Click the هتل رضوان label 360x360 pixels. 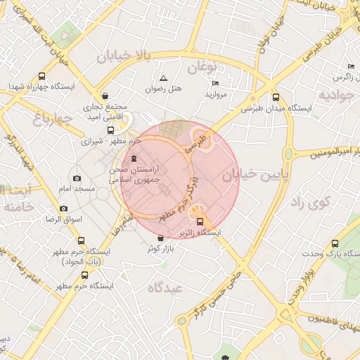[163, 89]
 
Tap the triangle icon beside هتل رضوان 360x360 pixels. [163, 78]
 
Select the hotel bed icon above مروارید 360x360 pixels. [215, 83]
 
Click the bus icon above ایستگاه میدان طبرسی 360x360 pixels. [275, 98]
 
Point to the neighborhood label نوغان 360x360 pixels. [204, 67]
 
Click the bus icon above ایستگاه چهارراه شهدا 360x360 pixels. [41, 76]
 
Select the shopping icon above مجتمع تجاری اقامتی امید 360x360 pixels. [105, 96]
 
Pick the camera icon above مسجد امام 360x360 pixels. [77, 179]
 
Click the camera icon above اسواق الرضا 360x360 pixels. [63, 209]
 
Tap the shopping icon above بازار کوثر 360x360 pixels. [162, 238]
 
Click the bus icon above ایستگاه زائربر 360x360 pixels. [200, 221]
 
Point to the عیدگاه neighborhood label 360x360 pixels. [166, 288]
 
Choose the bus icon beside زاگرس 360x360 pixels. [327, 75]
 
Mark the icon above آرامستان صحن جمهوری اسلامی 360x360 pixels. [134, 158]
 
